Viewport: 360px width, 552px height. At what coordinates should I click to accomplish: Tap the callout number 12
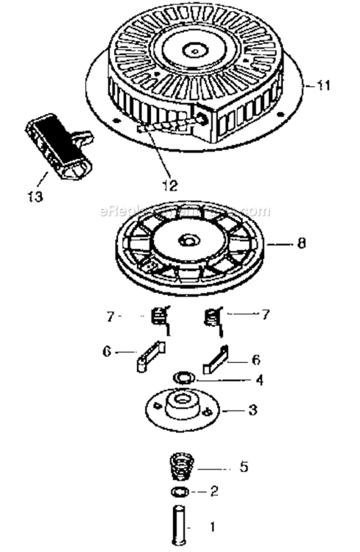pyautogui.click(x=170, y=185)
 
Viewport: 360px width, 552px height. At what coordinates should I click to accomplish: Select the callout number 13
pyautogui.click(x=35, y=197)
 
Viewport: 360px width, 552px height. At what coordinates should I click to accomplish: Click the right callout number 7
pyautogui.click(x=266, y=314)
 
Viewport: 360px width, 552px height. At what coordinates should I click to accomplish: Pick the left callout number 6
pyautogui.click(x=107, y=352)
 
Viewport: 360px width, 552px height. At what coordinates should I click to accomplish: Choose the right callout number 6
pyautogui.click(x=256, y=360)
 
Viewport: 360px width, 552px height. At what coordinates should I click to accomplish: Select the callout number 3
pyautogui.click(x=253, y=409)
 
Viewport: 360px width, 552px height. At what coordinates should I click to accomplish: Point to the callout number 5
pyautogui.click(x=244, y=467)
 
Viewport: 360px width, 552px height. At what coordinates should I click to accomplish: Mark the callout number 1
pyautogui.click(x=213, y=528)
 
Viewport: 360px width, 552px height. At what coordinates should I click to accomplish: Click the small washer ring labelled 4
pyautogui.click(x=182, y=378)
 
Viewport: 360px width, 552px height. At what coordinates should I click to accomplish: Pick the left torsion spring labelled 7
pyautogui.click(x=157, y=319)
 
